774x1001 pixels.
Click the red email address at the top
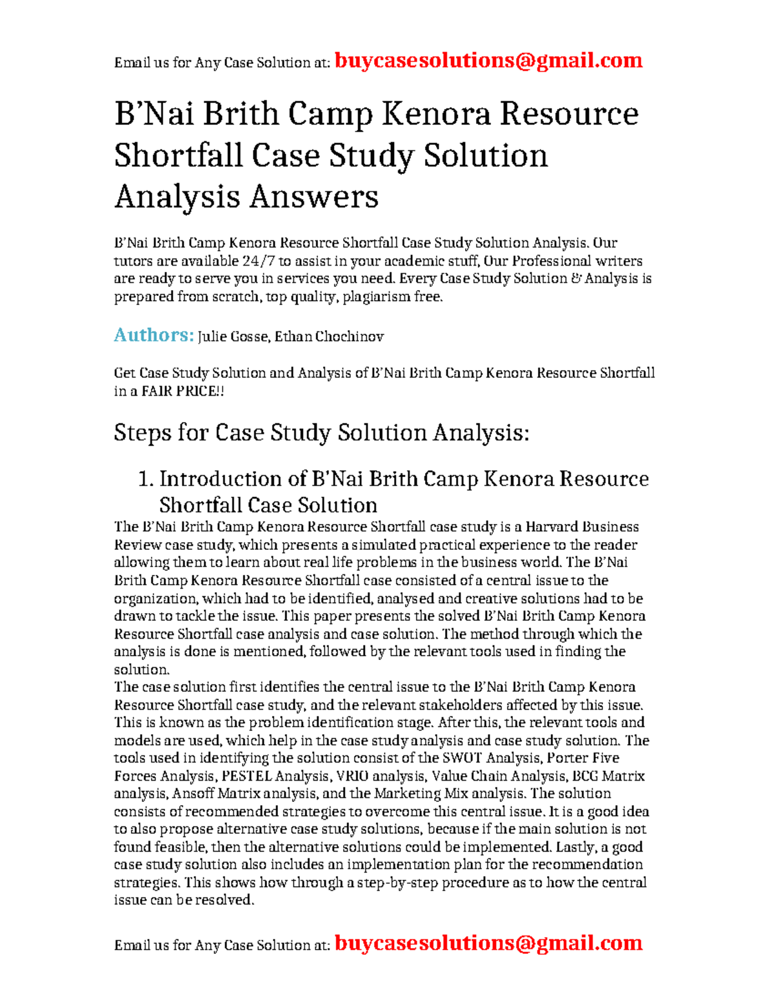488,61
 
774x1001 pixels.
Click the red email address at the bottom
488,943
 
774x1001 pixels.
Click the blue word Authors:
154,335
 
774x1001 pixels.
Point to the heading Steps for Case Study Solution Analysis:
321,432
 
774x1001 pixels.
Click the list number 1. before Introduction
146,479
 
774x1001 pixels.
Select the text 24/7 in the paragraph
257,261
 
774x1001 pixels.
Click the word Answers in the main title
313,197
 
